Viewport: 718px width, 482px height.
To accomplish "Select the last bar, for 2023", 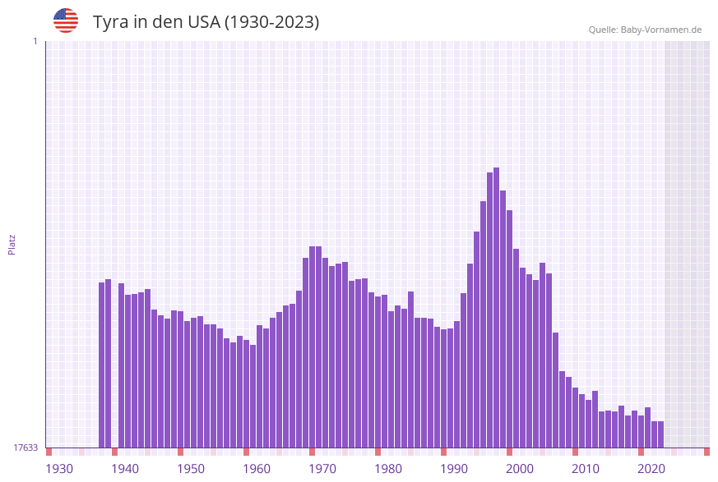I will coord(660,434).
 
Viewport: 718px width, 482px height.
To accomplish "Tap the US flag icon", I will coord(66,21).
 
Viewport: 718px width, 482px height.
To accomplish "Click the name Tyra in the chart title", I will coord(112,22).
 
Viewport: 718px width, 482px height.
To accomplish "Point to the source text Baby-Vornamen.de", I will coord(660,30).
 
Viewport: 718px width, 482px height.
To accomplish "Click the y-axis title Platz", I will coord(12,244).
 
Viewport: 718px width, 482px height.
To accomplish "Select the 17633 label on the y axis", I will coord(25,448).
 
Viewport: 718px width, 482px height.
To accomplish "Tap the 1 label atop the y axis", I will coord(35,41).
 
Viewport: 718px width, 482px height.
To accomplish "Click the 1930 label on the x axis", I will coord(59,469).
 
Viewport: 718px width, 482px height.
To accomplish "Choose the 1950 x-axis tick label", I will coord(191,469).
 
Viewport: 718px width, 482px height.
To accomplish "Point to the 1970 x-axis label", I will coord(322,469).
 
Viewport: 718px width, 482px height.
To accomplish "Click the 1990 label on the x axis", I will coord(454,469).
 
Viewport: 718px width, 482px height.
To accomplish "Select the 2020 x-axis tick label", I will coord(651,469).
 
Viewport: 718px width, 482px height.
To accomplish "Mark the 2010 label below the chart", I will coord(586,469).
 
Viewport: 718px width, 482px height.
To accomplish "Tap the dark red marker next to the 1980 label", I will coord(378,452).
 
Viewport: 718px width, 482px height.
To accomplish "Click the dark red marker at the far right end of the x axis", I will coord(706,452).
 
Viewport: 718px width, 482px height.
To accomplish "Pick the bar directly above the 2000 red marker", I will coord(509,328).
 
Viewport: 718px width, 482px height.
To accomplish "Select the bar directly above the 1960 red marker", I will coord(246,393).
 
